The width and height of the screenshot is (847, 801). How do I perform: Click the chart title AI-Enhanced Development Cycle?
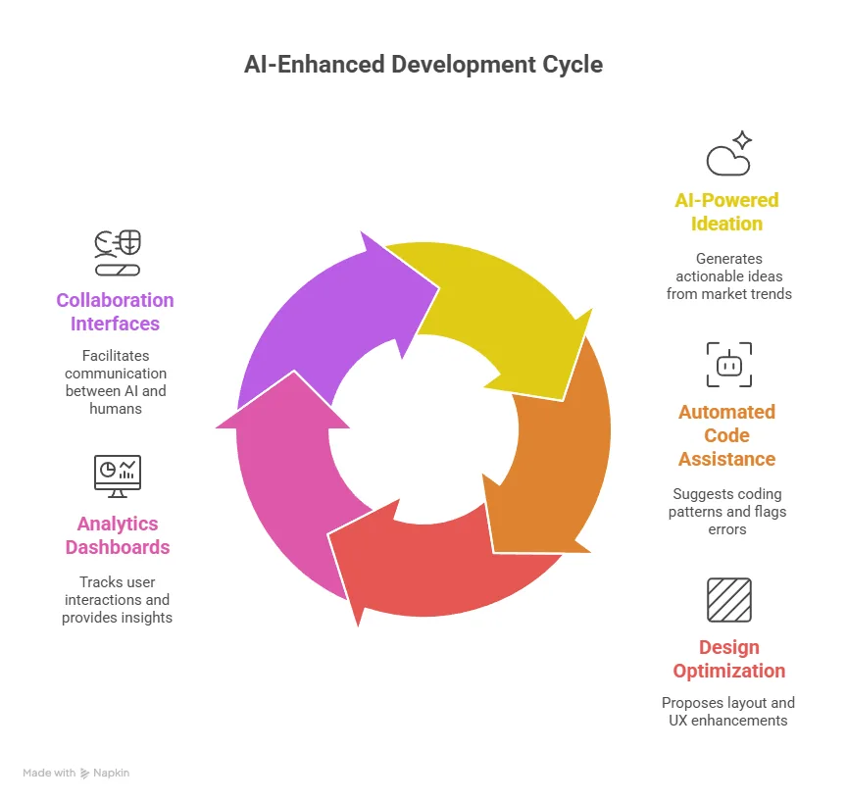tap(423, 65)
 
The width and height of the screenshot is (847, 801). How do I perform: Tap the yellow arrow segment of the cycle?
tap(490, 304)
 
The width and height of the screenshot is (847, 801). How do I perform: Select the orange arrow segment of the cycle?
tap(559, 451)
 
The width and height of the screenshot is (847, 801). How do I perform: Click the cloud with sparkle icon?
tap(728, 154)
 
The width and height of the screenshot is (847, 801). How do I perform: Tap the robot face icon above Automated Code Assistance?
tap(728, 365)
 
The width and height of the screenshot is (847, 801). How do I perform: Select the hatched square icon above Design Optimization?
tap(728, 600)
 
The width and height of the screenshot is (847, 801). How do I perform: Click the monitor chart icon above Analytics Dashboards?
tap(118, 476)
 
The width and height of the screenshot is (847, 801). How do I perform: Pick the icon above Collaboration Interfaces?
tap(118, 252)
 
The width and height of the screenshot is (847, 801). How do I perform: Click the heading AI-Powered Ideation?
tap(726, 212)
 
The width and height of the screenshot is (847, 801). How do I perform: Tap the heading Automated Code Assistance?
tap(726, 435)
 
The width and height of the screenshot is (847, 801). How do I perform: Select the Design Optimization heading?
tap(728, 659)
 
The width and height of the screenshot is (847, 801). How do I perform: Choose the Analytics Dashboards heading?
tap(118, 535)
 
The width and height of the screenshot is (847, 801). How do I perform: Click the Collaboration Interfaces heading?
tap(115, 312)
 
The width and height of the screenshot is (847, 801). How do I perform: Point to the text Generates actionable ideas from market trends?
tap(728, 276)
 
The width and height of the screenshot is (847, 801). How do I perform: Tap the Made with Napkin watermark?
tap(76, 773)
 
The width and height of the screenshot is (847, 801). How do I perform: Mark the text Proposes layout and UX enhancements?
tap(728, 711)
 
